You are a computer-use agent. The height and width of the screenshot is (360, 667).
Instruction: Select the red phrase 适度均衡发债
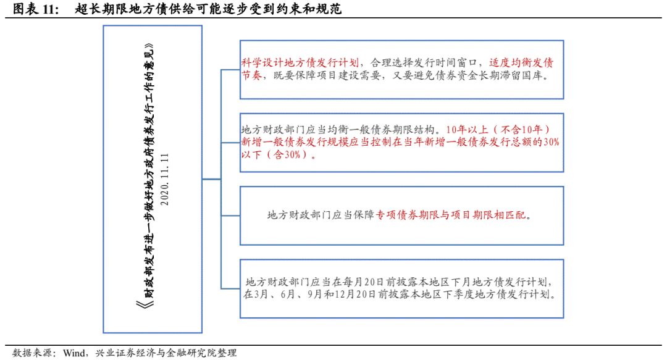[522, 62]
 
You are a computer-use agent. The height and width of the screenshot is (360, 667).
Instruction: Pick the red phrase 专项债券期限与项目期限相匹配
[453, 216]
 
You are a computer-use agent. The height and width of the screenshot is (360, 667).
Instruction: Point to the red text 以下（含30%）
[279, 155]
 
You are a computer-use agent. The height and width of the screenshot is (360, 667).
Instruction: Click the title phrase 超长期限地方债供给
[121, 9]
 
